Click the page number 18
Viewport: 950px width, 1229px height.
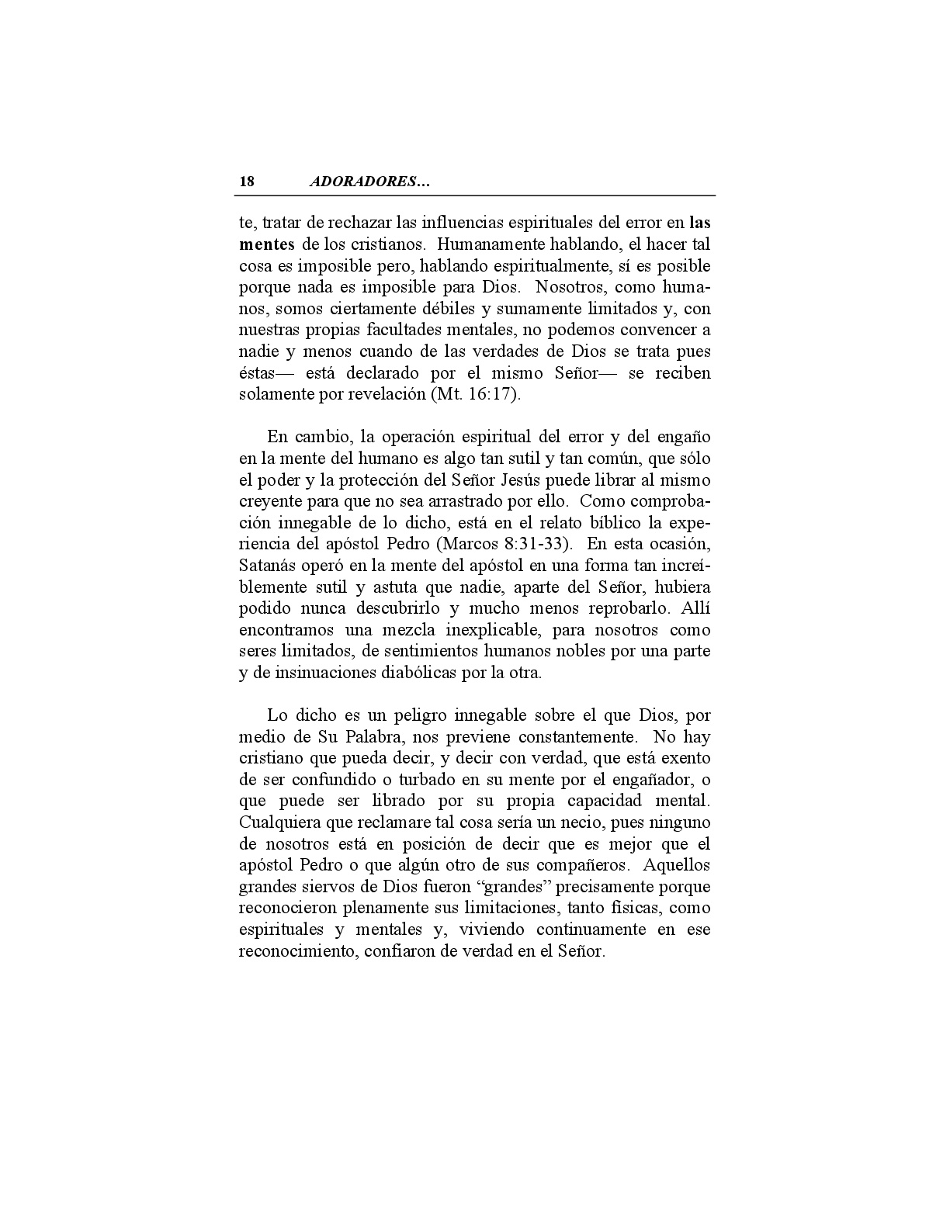pos(247,182)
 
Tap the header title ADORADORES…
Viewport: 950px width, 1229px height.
pos(369,182)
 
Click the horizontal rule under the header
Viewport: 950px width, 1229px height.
pos(477,196)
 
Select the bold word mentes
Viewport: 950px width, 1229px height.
pos(266,244)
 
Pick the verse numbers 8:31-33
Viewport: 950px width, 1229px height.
pos(532,544)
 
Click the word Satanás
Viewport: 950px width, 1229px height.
pos(268,565)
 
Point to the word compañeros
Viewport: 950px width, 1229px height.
pos(581,865)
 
